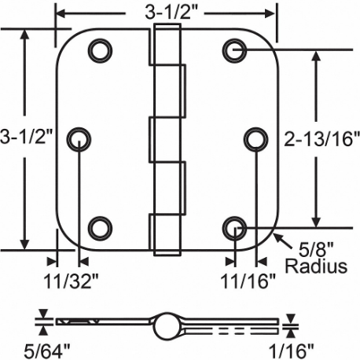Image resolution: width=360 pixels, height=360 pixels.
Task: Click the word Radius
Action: pos(315,266)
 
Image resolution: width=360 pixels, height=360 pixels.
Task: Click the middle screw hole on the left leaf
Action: pos(79,138)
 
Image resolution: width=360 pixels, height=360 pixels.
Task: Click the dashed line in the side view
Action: pos(228,326)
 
